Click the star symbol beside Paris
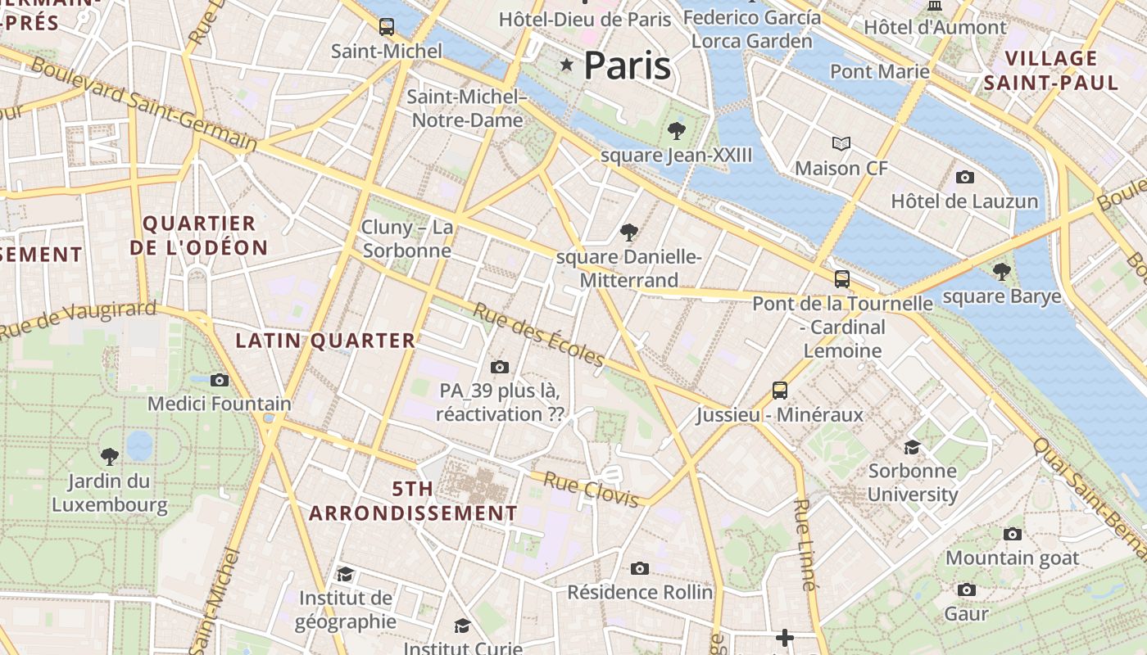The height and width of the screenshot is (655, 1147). [566, 64]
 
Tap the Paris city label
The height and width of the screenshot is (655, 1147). [628, 65]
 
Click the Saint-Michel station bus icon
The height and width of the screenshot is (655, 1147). [387, 26]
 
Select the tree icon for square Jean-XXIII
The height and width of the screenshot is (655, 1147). [676, 130]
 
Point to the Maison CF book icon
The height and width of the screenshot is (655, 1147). [841, 144]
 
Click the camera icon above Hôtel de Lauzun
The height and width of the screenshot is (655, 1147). [965, 177]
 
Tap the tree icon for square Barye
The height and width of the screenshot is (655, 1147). [1001, 271]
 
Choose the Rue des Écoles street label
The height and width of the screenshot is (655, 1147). [538, 336]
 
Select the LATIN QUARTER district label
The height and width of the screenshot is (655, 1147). [326, 341]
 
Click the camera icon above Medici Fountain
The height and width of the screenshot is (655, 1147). [219, 380]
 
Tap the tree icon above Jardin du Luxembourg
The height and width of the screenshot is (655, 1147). [109, 456]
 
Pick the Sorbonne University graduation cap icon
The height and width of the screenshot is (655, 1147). [912, 447]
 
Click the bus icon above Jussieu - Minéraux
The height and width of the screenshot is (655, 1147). [780, 391]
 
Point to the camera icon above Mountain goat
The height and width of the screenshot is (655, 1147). [1013, 534]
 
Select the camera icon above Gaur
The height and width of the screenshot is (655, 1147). [967, 589]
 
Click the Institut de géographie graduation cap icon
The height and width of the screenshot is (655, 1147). [345, 574]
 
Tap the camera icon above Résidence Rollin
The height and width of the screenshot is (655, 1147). [640, 568]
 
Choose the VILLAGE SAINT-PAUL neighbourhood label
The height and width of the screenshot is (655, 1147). [1051, 70]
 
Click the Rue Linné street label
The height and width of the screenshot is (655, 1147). [805, 544]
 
